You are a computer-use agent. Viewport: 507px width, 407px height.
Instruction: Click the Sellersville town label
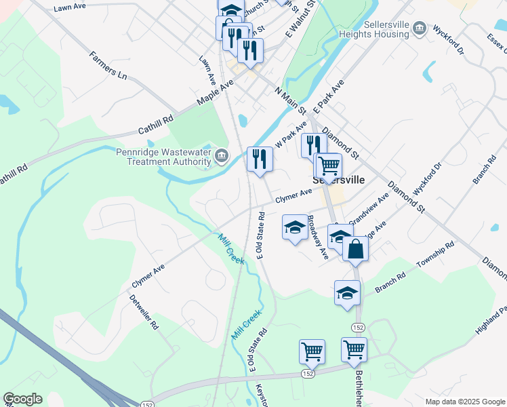[x=338, y=180]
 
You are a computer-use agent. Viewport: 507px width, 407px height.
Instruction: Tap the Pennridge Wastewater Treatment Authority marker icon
[x=222, y=157]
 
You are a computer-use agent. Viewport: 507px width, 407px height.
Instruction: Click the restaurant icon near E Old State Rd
[x=260, y=159]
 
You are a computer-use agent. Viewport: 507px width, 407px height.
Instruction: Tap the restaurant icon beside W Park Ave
[x=313, y=145]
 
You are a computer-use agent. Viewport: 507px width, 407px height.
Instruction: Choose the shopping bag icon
[x=355, y=249]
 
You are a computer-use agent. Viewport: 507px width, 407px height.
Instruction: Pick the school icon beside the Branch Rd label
[x=347, y=293]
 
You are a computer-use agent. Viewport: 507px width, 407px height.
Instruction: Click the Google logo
[x=22, y=399]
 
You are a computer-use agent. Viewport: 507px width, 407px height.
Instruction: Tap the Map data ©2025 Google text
[x=464, y=402]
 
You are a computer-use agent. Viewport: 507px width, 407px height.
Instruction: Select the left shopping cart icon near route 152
[x=312, y=351]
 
